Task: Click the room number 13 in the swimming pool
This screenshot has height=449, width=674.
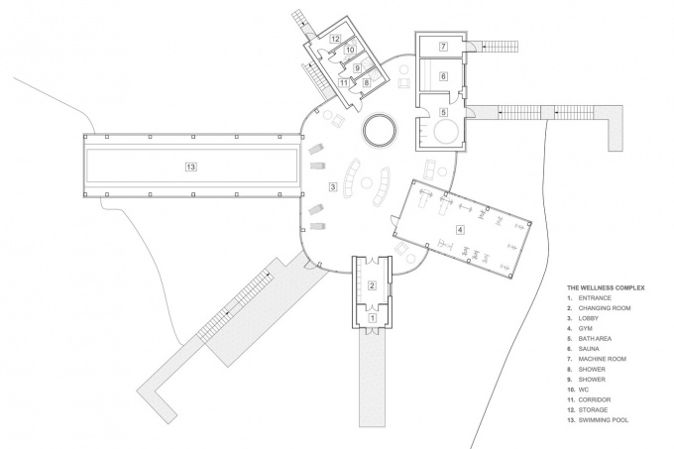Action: pos(191,167)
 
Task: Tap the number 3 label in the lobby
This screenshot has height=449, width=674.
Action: pos(333,186)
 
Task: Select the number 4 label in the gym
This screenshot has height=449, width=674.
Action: pos(460,230)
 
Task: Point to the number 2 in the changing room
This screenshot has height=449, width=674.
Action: pos(373,285)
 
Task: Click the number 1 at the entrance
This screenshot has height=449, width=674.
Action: pos(373,318)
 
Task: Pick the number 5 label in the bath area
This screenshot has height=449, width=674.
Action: pos(444,112)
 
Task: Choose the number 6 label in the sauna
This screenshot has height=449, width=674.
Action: pos(444,76)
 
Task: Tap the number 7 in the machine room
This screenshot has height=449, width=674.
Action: pos(444,46)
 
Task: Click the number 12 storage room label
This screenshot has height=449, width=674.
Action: pos(335,39)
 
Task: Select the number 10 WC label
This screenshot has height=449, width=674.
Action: pos(350,50)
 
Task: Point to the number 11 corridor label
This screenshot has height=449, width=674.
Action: pos(343,82)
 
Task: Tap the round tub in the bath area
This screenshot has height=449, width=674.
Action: pos(447,132)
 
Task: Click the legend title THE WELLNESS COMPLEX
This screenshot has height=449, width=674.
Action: pos(606,287)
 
